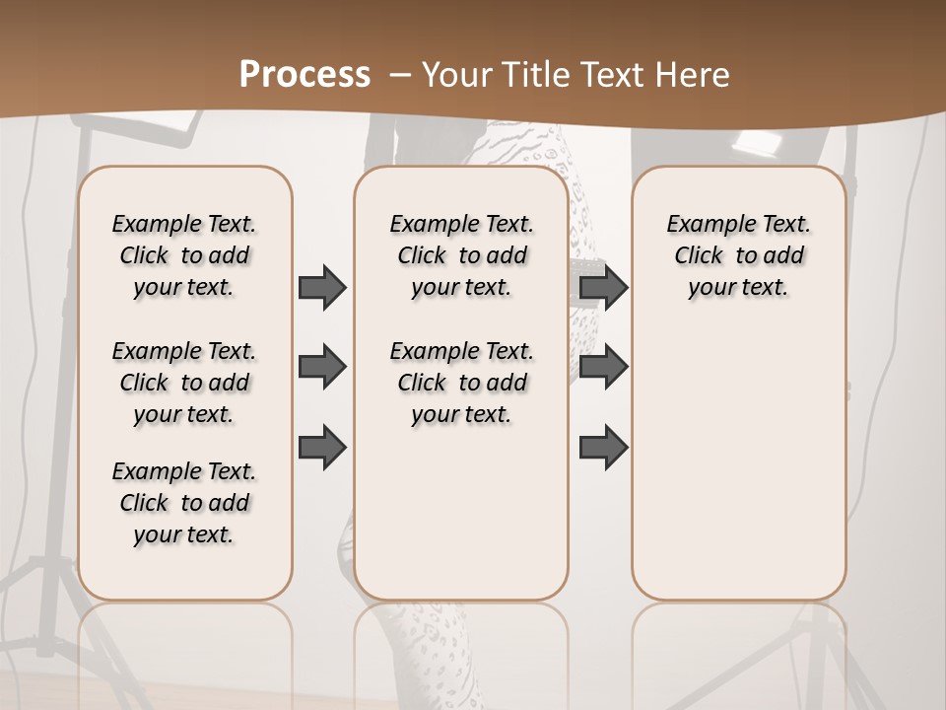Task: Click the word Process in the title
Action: point(304,74)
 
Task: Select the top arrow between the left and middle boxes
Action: point(322,287)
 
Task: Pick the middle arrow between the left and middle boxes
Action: point(322,368)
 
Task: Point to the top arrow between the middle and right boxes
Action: point(604,287)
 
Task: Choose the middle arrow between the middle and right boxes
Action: point(604,368)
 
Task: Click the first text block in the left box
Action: point(184,255)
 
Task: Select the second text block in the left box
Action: point(184,383)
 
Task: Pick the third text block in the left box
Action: point(184,503)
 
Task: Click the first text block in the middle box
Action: point(461,255)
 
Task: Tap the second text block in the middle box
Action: point(461,383)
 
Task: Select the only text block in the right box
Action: point(738,255)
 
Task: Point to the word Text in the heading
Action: point(611,75)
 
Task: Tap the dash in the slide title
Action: point(400,75)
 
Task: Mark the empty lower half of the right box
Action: point(738,463)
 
